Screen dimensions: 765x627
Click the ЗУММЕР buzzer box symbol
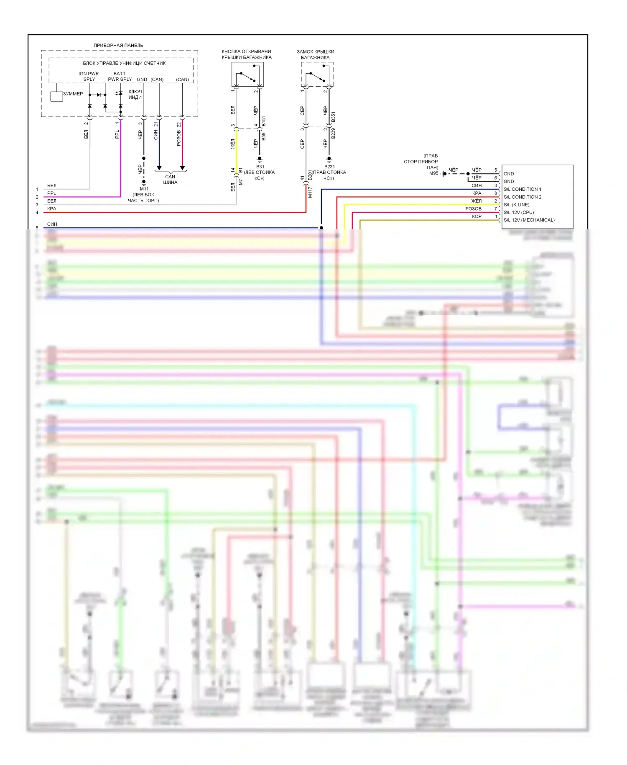(x=56, y=96)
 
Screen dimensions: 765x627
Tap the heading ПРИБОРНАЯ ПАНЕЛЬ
(x=118, y=45)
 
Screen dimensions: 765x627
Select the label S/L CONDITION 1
(x=522, y=189)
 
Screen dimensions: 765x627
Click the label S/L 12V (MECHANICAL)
(x=529, y=220)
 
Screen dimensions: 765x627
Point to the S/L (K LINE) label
(x=516, y=205)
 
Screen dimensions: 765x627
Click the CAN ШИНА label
(x=170, y=180)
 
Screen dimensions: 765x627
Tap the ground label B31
(x=260, y=167)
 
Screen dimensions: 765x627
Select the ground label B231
(x=329, y=167)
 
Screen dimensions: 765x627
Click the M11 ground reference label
(x=144, y=189)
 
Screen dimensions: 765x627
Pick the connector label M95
(x=433, y=173)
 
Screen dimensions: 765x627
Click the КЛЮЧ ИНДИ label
(x=135, y=94)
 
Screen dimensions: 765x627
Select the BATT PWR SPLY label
(x=120, y=76)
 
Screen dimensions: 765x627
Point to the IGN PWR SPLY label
(x=89, y=76)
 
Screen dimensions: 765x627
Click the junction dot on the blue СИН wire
(x=321, y=228)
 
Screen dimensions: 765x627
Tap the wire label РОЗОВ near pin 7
(x=473, y=208)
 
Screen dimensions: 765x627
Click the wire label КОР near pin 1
(x=477, y=216)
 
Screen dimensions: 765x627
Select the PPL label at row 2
(x=51, y=193)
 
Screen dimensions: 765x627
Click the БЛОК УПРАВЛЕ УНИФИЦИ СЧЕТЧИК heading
(x=124, y=63)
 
